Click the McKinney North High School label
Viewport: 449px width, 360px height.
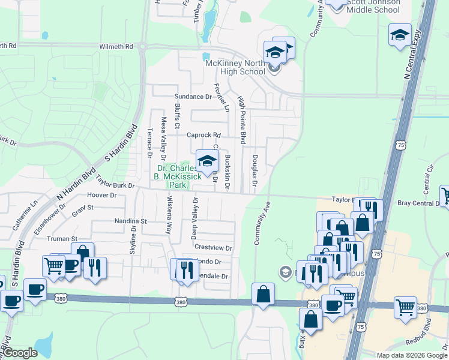click(235, 67)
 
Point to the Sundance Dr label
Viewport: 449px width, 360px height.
click(193, 96)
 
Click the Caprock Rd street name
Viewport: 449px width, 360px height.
click(204, 135)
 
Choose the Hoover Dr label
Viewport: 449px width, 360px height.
click(101, 195)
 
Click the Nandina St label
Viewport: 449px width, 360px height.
click(131, 221)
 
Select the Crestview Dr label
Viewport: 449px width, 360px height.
click(213, 247)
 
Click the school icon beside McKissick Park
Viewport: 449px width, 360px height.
click(207, 161)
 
